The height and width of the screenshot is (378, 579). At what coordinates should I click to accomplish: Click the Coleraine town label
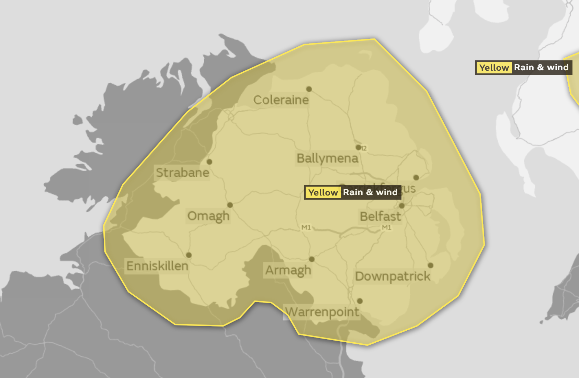point(281,100)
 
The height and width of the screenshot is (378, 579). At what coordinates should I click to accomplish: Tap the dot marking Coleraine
point(309,89)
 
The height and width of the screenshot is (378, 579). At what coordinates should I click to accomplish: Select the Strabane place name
point(182,173)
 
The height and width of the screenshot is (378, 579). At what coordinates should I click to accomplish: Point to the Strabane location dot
point(209,162)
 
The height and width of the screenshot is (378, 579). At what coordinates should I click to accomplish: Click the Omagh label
point(208,216)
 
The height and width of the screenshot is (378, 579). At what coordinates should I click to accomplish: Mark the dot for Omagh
point(230,205)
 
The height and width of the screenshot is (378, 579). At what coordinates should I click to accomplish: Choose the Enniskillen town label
point(157,266)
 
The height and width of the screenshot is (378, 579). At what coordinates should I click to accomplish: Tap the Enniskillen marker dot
point(189,255)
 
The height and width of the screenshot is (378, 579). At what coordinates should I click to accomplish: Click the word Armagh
point(288,270)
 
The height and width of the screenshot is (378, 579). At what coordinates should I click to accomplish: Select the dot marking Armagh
point(312,259)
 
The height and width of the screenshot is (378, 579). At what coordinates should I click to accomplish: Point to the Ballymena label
point(327,158)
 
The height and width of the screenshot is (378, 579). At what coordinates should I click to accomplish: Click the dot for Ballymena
point(359,147)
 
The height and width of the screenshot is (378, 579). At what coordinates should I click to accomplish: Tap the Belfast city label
point(380,216)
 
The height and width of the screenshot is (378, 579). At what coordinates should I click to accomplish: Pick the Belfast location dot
point(402,206)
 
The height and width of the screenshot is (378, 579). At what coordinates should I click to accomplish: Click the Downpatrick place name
point(393,276)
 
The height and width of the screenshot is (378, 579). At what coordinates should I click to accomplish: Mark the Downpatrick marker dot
point(431,265)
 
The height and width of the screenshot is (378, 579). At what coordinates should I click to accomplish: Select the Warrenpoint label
point(322,312)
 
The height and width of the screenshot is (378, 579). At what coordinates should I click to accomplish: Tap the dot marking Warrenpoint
point(360,301)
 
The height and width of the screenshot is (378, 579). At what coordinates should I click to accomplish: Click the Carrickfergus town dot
point(416,178)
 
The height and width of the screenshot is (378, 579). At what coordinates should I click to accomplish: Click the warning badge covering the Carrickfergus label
point(353,192)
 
